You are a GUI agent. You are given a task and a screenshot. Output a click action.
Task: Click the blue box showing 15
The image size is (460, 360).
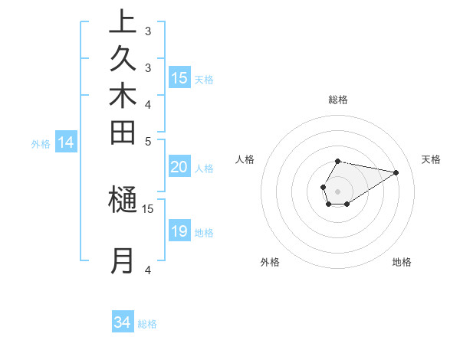coord(179,77)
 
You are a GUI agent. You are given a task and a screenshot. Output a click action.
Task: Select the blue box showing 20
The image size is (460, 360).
coord(179,167)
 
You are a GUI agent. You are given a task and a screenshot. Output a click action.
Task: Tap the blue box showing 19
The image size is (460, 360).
coord(179,231)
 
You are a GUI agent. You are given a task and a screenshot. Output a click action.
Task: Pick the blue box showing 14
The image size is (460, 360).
coord(66,142)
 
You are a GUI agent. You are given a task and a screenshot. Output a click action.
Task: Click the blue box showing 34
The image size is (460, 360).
coord(123,322)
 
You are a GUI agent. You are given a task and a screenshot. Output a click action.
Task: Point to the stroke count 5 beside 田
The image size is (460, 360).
coord(148,141)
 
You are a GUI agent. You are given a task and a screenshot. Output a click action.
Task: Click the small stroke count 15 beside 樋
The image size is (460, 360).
coord(148,208)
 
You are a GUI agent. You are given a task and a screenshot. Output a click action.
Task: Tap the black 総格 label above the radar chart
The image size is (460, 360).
coord(338,100)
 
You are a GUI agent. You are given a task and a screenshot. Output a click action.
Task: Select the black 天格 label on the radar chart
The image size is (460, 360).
coord(432,159)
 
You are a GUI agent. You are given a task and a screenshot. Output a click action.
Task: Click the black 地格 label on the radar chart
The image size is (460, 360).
coord(402,262)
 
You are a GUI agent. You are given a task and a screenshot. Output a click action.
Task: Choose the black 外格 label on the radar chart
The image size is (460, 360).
coord(270,262)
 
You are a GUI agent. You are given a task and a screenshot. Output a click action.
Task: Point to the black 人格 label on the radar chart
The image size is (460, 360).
coord(245,159)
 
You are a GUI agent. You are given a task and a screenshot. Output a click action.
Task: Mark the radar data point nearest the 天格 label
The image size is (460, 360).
coord(396,172)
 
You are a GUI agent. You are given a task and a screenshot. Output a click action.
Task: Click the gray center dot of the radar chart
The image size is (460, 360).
coord(338,191)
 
